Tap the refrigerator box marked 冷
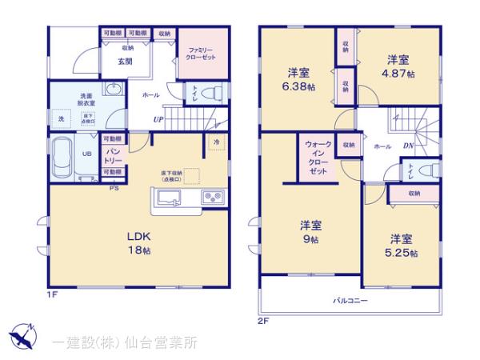[216, 142]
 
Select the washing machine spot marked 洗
[61, 119]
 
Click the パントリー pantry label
[113, 154]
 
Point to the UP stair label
[159, 121]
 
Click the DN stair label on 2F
[407, 146]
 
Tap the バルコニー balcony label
[350, 301]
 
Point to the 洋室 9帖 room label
[310, 232]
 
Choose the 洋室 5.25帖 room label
[402, 246]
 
